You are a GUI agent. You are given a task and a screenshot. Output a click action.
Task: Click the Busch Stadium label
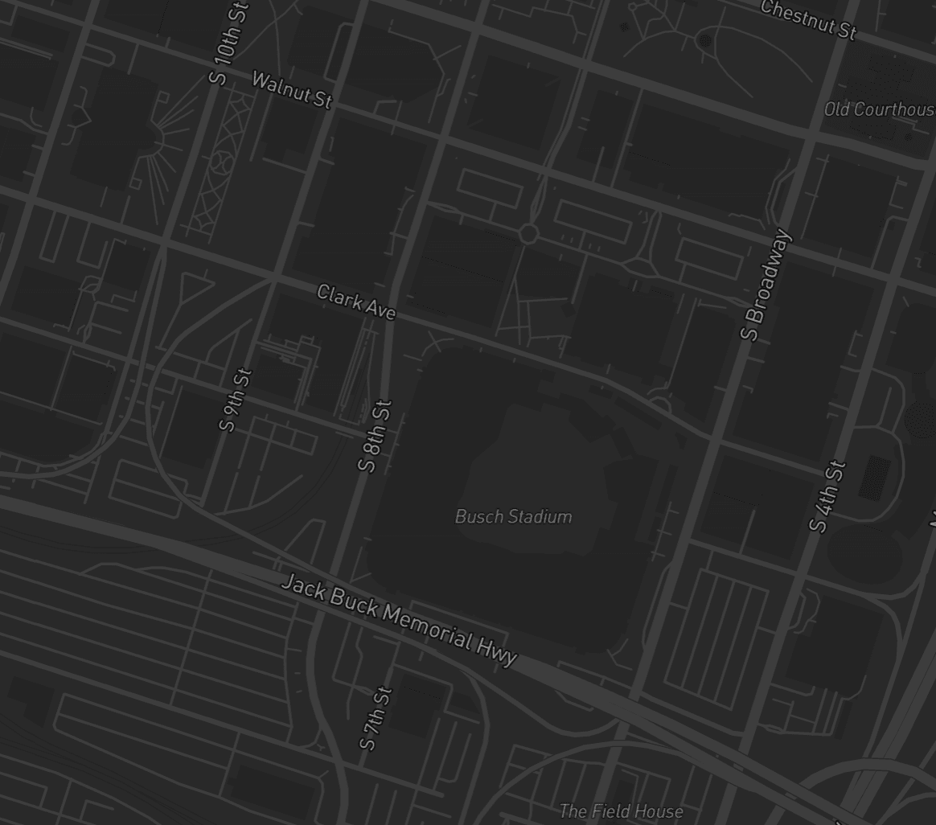click(x=513, y=516)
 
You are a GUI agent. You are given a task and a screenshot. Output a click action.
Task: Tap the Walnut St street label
click(x=292, y=90)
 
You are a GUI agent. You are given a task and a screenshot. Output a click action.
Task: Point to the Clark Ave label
click(x=356, y=302)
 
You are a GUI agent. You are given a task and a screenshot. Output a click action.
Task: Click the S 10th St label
click(x=229, y=44)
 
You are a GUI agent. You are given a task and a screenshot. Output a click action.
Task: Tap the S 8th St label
click(x=376, y=436)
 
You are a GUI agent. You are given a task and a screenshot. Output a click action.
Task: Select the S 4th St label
click(x=828, y=496)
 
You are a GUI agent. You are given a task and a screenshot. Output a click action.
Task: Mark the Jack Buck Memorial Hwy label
click(x=399, y=620)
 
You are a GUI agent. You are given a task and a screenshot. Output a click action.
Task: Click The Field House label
click(x=621, y=811)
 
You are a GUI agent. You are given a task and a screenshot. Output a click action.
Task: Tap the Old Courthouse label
click(x=880, y=109)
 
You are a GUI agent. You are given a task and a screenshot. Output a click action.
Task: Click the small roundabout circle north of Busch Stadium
click(x=528, y=234)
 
